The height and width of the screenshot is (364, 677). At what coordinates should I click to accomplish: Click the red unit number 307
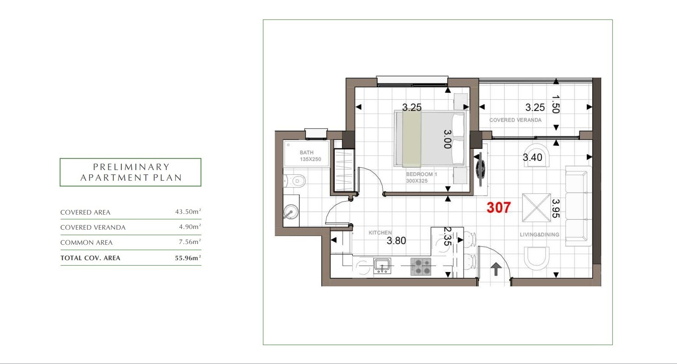coord(498,208)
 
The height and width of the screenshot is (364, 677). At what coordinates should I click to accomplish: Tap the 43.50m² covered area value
coord(188,212)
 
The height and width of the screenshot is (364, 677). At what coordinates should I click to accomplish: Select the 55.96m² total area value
coord(188,258)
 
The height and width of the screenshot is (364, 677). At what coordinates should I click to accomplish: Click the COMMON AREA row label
coord(87,243)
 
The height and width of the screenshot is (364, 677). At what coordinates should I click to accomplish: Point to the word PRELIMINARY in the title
coord(131,167)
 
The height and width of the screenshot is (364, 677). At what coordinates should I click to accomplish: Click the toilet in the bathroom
coord(295,181)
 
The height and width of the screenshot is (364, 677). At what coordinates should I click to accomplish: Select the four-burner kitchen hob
coord(421,267)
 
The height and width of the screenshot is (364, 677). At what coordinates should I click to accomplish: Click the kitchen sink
coord(382,265)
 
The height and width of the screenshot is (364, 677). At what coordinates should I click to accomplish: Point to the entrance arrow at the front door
coord(496,269)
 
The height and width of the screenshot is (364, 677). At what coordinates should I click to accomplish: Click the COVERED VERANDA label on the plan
coord(515,120)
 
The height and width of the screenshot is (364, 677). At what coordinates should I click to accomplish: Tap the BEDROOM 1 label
coord(422,174)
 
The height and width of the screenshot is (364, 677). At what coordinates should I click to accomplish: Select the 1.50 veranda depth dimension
coord(556,105)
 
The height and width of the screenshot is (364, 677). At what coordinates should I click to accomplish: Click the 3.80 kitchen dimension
coord(396,241)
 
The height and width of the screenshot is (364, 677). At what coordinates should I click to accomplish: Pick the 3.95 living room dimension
coord(556,208)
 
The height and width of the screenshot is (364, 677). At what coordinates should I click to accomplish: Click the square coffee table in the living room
coord(536,208)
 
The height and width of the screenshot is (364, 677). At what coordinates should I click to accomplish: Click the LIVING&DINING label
coord(539,235)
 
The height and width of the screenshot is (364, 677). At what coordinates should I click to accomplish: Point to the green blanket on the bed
coord(412,139)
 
